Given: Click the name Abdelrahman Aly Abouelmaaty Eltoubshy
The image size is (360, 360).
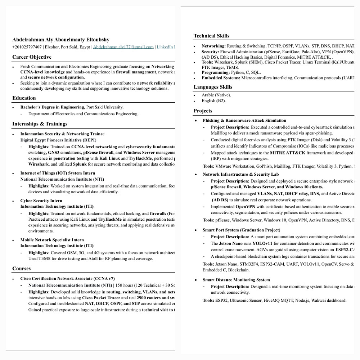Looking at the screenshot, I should pos(61,40).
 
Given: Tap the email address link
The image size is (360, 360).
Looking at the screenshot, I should pos(123,47).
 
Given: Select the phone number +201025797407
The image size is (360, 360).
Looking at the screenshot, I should pos(27,47).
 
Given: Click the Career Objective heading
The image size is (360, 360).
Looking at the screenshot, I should pos(32,57).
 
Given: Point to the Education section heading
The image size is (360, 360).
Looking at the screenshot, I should pos(24,98).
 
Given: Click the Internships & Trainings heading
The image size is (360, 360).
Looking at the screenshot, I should pos(40,124).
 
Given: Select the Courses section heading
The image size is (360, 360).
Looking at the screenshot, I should pos(22,269).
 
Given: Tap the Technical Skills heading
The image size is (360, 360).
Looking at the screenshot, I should pos(211,36).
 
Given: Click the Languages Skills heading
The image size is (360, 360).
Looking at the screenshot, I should pos(213,87).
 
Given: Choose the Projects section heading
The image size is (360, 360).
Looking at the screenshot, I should pos(203,111).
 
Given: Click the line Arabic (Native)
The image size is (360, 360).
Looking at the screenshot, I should pos(216,95).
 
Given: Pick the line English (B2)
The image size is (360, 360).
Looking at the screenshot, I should pos(213,101).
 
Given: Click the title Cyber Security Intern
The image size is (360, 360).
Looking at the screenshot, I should pos(41,201).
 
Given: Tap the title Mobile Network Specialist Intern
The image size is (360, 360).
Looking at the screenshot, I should pos(52,240).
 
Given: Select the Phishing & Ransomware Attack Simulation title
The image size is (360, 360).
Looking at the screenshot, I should pos(244,121).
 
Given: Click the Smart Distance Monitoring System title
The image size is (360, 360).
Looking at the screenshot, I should pos(236,280).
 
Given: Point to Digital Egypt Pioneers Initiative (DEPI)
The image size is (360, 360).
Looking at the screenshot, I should pos(58,140).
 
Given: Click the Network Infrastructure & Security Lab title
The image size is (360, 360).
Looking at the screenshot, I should pos(240,174).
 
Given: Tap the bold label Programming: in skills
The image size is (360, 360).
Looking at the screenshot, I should pos(215,72).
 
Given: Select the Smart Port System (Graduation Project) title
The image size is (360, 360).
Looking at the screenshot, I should pos(241,230).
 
